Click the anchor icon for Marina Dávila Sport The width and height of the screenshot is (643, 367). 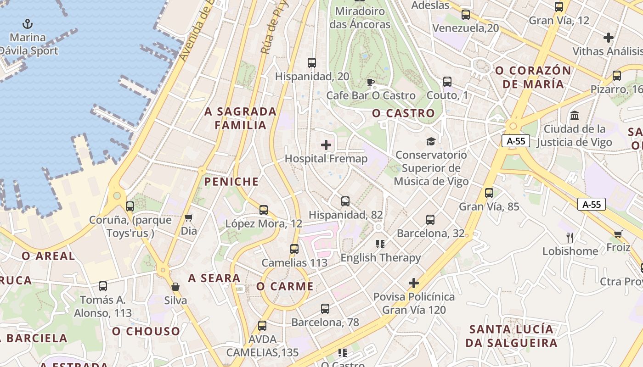[x=28, y=23]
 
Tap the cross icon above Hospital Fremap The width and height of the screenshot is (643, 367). [x=326, y=145]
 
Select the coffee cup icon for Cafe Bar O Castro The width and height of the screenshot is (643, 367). [x=371, y=83]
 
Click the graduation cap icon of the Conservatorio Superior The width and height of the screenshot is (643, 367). [x=431, y=141]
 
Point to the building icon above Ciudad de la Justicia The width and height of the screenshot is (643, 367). [x=574, y=115]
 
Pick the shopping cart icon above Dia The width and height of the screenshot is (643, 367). [x=188, y=217]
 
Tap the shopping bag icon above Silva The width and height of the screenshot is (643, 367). [x=175, y=287]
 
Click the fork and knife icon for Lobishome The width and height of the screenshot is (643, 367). [x=570, y=238]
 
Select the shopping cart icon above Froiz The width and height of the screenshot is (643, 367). [x=618, y=234]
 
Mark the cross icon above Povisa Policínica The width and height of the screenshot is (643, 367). [x=414, y=283]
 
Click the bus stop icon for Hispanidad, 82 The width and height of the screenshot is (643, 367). [x=345, y=201]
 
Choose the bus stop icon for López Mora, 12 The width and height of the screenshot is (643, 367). [x=264, y=210]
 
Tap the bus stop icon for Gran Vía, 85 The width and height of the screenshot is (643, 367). [x=489, y=193]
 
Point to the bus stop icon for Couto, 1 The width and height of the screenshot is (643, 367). [x=447, y=82]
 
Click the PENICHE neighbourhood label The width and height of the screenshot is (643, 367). [x=231, y=182]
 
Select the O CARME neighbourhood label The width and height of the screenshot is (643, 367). [x=285, y=287]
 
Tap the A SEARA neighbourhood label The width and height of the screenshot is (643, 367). [x=214, y=278]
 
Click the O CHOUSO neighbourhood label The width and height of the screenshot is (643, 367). [x=146, y=331]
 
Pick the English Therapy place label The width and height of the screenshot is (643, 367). [x=380, y=258]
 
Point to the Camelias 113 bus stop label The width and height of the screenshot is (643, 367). [x=294, y=263]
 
